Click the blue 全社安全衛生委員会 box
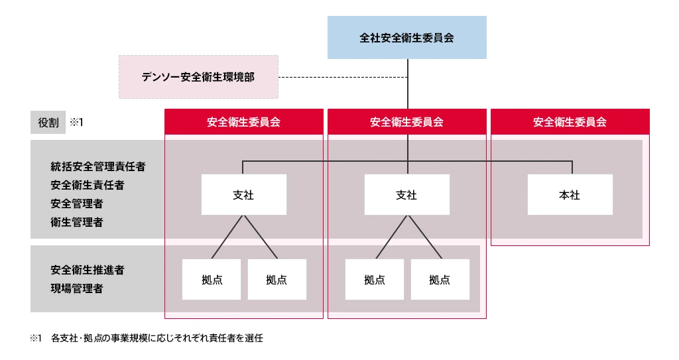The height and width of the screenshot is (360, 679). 407,38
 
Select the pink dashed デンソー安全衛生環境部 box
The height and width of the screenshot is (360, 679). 198,77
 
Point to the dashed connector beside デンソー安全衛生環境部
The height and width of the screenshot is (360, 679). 342,78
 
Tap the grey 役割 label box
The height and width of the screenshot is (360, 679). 48,123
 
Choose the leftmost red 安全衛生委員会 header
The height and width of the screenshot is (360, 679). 244,122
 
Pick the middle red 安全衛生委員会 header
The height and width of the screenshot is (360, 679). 407,122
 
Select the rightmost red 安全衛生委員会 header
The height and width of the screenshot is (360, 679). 570,122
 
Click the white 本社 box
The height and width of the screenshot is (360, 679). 570,195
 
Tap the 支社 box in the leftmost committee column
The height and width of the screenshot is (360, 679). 244,195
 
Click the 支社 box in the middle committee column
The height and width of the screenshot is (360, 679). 407,195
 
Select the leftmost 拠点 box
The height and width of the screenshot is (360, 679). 212,279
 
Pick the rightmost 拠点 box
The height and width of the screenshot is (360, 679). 440,279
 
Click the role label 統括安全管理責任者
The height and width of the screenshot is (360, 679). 97,166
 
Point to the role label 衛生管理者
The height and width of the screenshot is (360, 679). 77,222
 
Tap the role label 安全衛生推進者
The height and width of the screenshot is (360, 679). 88,270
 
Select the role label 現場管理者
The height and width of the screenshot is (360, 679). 77,288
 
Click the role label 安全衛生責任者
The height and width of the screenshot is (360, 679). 88,185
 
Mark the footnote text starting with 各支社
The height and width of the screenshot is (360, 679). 157,338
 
